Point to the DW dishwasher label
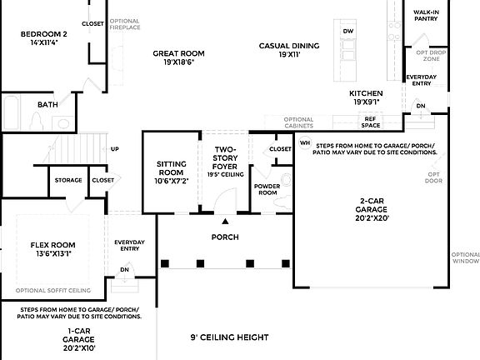348,31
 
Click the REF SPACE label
371,122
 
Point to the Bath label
47,105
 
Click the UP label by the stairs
115,149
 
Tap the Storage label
68,180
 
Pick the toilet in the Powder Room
286,179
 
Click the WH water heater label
305,142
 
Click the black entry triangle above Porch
225,222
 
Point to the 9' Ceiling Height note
229,337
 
